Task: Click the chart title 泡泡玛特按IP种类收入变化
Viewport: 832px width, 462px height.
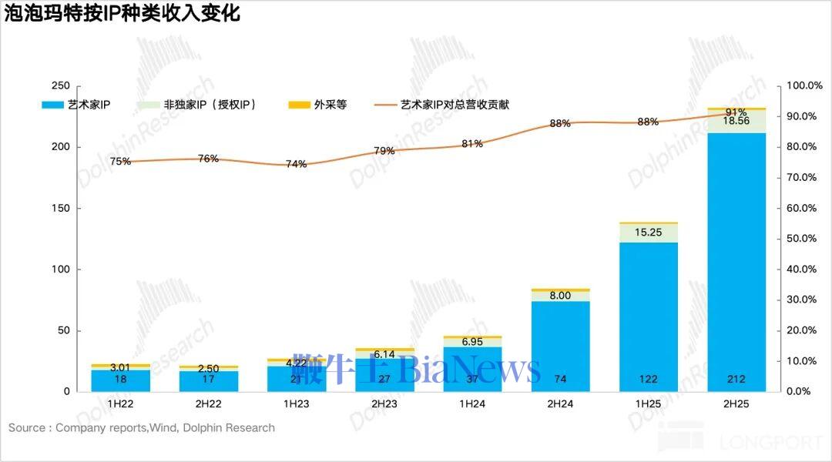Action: (122, 14)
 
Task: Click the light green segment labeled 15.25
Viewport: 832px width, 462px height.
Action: (649, 233)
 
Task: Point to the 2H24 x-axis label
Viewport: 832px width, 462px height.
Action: (560, 403)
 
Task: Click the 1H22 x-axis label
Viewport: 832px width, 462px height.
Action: (121, 403)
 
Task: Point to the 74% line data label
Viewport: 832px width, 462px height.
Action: (297, 164)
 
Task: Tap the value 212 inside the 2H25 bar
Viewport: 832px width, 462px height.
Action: (736, 379)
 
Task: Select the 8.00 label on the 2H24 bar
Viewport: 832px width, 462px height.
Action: (560, 295)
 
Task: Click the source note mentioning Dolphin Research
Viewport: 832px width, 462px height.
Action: (142, 427)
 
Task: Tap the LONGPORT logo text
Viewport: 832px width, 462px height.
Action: (770, 443)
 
